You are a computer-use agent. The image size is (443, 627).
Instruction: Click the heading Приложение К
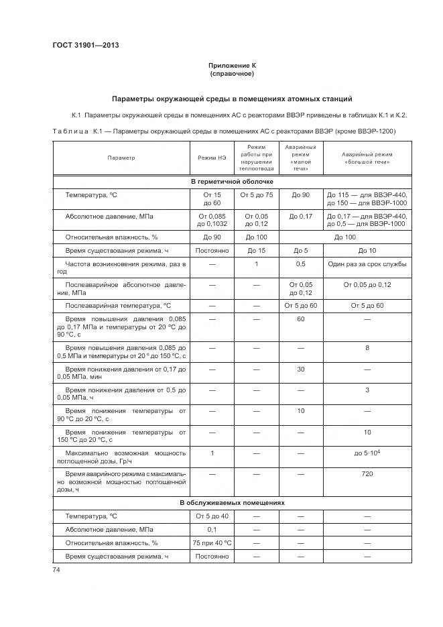coord(232,66)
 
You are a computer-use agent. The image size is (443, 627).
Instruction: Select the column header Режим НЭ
coord(212,158)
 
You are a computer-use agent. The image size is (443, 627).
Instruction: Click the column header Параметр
coord(121,158)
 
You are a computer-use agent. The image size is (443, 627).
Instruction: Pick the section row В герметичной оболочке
coord(232,182)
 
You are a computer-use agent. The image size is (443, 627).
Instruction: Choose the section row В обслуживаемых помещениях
coord(232,502)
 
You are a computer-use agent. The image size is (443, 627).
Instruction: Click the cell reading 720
coord(367,473)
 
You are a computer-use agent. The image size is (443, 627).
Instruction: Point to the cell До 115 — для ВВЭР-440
coord(367,194)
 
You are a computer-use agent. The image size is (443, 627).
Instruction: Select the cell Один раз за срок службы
coord(367,264)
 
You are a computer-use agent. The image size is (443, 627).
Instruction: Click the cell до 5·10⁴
coord(367,453)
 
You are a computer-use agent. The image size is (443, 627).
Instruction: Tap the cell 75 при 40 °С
coord(212,543)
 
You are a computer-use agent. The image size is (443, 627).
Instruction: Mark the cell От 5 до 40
coord(212,516)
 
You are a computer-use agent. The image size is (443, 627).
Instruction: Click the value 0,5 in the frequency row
coord(301,264)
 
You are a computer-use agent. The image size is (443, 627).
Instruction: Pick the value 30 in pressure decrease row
coord(301,369)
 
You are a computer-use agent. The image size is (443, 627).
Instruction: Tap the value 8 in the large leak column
coord(367,348)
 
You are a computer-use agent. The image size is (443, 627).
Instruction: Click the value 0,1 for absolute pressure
coord(212,530)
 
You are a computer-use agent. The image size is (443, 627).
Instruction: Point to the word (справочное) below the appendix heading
coord(232,74)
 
